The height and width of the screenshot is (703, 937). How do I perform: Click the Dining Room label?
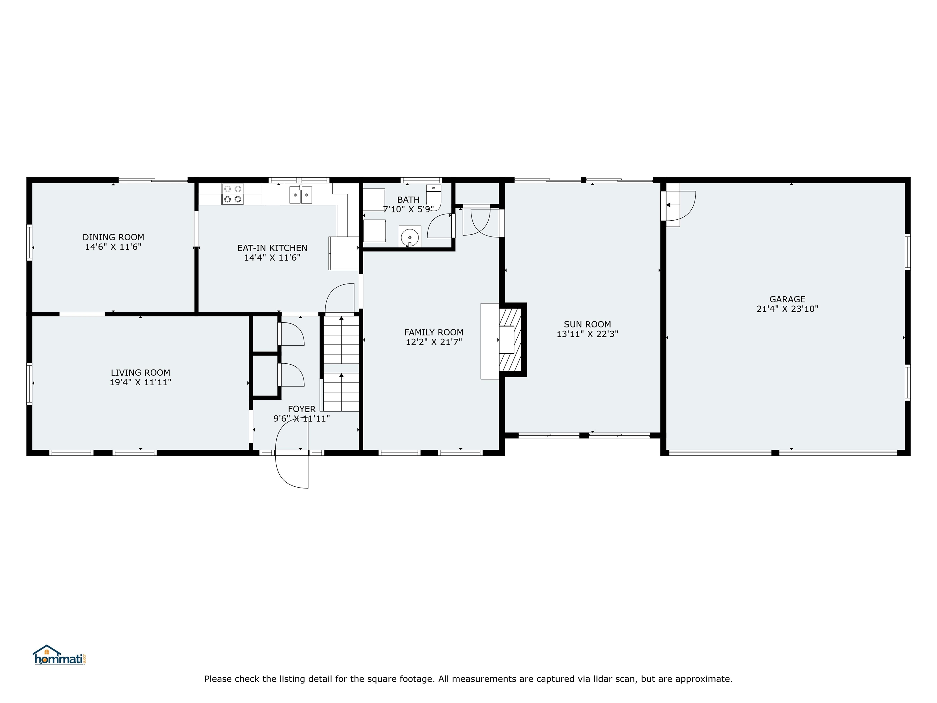(x=113, y=237)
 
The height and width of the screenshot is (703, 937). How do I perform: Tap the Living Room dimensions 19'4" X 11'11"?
(x=140, y=382)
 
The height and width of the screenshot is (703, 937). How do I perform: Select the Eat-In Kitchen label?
(x=272, y=248)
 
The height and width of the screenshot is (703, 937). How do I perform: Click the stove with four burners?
(x=232, y=194)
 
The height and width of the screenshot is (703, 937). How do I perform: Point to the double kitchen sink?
(x=301, y=195)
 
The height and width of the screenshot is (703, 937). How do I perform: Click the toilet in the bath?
(x=434, y=197)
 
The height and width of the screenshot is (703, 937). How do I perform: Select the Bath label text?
(x=408, y=200)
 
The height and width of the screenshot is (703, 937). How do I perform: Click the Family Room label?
(x=434, y=332)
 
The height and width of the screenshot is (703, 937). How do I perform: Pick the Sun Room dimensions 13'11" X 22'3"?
(x=587, y=334)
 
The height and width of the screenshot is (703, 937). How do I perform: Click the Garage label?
(x=788, y=299)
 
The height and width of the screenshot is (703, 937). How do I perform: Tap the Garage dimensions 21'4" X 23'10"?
(x=788, y=309)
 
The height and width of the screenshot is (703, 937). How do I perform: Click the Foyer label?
(x=302, y=409)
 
